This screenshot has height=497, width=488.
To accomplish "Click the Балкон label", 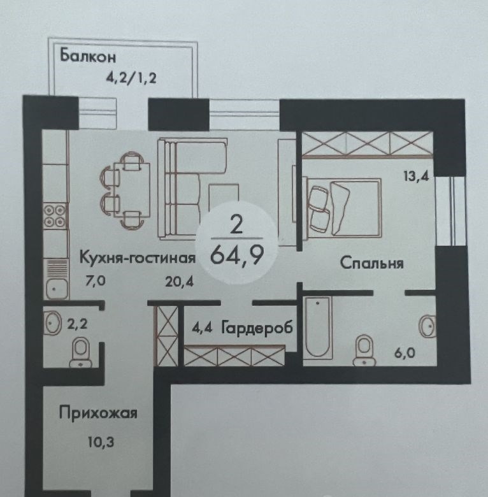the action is [x=88, y=55].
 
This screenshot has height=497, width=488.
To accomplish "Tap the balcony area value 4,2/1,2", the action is [x=131, y=78].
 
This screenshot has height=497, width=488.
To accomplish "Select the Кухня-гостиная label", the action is [x=137, y=257].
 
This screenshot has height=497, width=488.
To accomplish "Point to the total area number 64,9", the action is [x=237, y=256].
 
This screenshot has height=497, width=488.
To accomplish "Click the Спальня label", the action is [x=371, y=263].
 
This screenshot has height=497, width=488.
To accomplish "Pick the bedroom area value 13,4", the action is [x=416, y=176].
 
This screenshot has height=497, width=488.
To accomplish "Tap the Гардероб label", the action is [x=257, y=328].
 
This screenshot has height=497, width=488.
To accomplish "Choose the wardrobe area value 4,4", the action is [x=202, y=328].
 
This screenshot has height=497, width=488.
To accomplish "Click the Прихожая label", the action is [x=98, y=414].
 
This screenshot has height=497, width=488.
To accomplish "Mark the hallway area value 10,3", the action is [x=101, y=442].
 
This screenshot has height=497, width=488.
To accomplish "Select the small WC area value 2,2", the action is [x=77, y=324].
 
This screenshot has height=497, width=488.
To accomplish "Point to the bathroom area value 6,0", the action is [x=405, y=353].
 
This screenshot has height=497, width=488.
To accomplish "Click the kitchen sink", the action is [x=57, y=278].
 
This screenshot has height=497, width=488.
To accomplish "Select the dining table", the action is [x=132, y=189].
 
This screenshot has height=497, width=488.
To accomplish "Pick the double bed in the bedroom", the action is [x=343, y=208].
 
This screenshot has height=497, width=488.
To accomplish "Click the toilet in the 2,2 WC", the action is [x=81, y=352].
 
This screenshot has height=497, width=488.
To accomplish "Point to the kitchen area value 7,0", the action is [x=96, y=281].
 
